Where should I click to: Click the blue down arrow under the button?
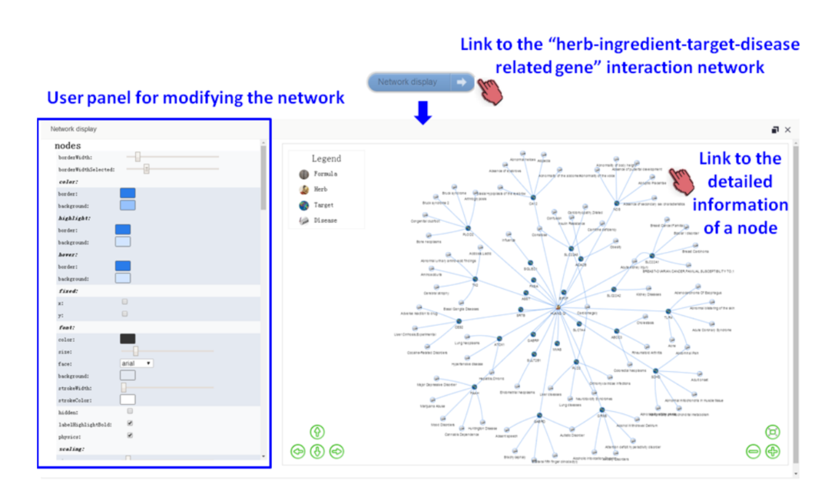[x=423, y=114]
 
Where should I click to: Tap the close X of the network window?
[x=787, y=130]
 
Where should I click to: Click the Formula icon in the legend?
[x=303, y=174]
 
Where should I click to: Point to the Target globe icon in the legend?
[x=303, y=205]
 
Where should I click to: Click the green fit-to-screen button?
[x=773, y=432]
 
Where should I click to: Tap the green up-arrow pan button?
[x=317, y=432]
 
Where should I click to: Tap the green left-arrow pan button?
[x=298, y=452]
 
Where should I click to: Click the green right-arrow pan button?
[x=336, y=452]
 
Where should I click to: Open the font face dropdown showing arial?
[x=137, y=363]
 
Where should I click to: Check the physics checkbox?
[x=130, y=436]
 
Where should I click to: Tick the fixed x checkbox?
[x=125, y=302]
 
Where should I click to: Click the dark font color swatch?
[x=128, y=339]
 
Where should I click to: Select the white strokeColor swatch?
[x=128, y=400]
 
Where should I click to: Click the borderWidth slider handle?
[x=138, y=157]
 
